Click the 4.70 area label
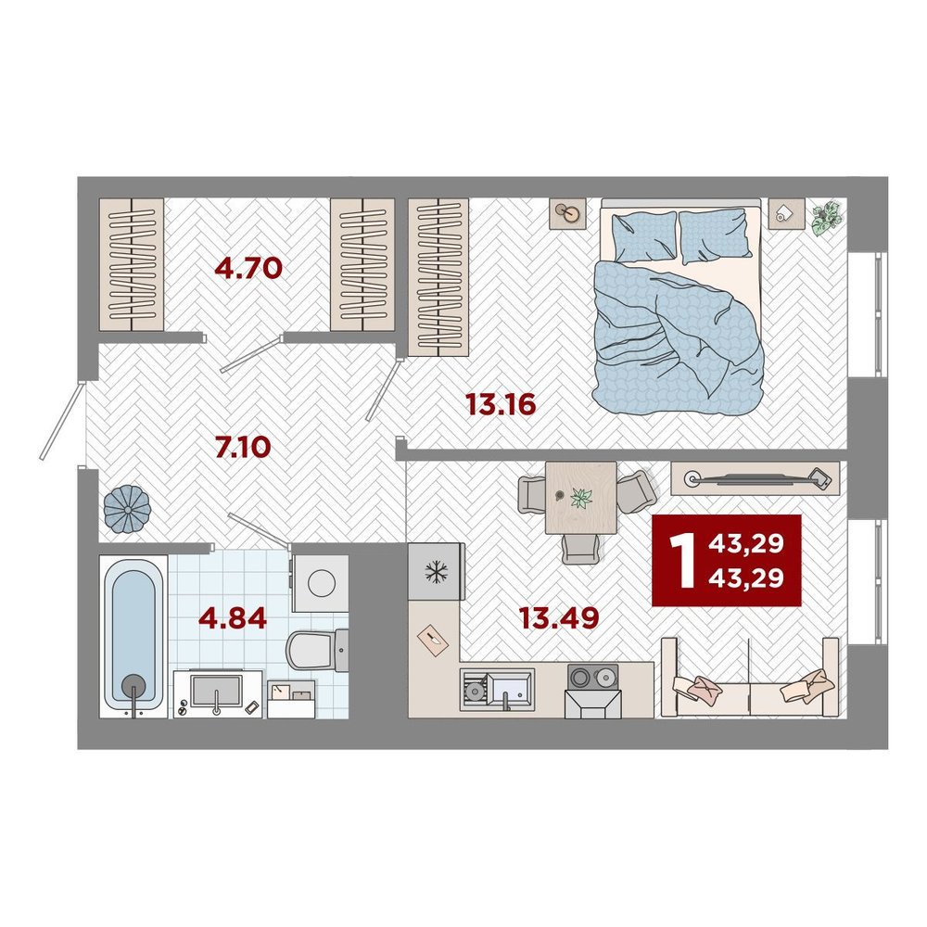tap(248, 269)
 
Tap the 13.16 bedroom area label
tap(501, 404)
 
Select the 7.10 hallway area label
tap(243, 447)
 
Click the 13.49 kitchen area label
tap(559, 617)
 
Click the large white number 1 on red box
tap(685, 560)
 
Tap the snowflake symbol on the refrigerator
tap(437, 571)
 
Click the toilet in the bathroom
tap(317, 651)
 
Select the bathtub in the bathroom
tap(133, 637)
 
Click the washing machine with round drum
tap(321, 583)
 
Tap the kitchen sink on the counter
tap(497, 689)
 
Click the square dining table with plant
tap(580, 498)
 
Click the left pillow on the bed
tap(644, 235)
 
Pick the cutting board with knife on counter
tap(433, 640)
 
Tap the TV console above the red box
tap(755, 478)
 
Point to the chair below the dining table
tap(581, 549)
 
